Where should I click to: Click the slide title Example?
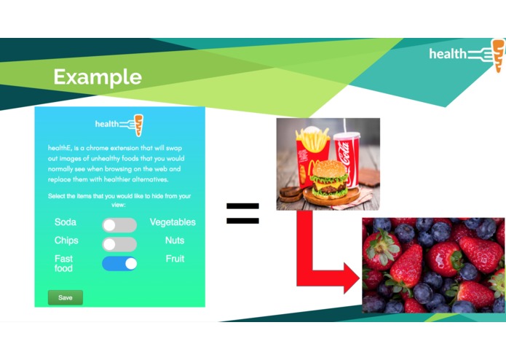[97, 77]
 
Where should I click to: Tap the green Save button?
[66, 297]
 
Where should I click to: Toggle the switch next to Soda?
[119, 225]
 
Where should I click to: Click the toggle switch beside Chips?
[119, 244]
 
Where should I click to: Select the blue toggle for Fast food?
[119, 263]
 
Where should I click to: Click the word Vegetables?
[173, 222]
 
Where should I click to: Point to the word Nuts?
[175, 240]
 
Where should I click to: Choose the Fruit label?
[175, 259]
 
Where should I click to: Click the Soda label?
[66, 222]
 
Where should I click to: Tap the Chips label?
[66, 240]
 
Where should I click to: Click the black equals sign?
[242, 213]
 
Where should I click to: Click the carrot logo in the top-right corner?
[498, 55]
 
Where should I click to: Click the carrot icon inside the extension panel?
[138, 125]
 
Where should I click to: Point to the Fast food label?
[63, 263]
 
